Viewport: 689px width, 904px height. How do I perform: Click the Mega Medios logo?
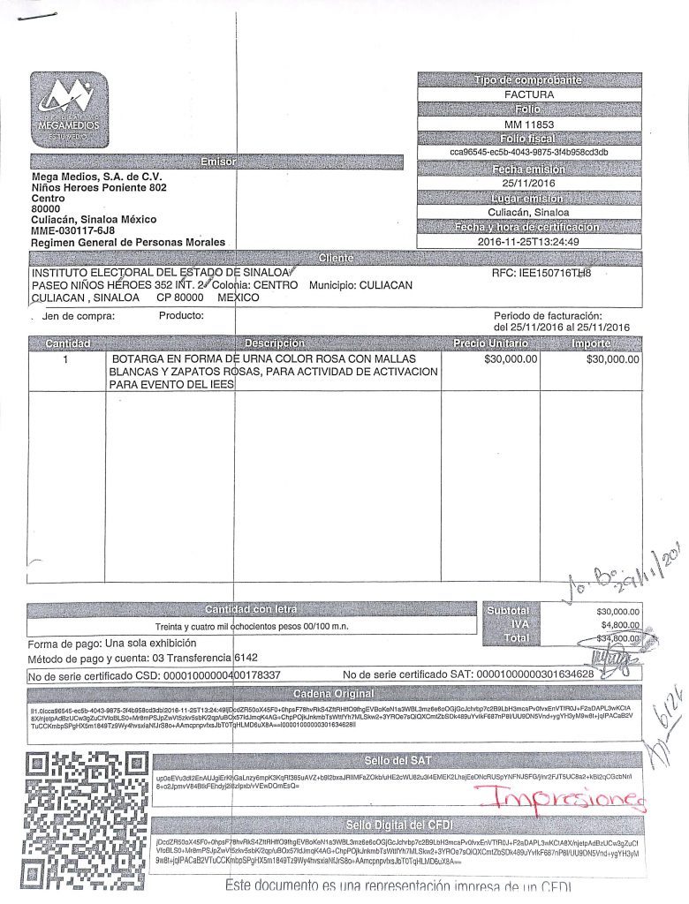(68, 109)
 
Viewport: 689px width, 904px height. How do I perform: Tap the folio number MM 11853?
(529, 124)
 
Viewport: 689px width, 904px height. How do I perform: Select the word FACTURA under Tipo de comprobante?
(529, 94)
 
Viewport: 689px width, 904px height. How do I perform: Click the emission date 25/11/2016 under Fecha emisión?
(529, 183)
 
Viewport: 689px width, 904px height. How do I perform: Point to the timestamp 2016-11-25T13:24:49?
(529, 241)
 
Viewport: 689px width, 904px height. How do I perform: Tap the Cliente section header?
(335, 257)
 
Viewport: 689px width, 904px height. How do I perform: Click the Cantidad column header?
(66, 343)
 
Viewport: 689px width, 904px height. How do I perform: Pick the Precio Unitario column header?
(490, 343)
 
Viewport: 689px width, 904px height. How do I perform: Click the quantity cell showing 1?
(66, 360)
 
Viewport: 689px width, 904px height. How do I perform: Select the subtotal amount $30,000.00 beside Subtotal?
(618, 611)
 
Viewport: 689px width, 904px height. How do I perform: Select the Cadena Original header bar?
(335, 693)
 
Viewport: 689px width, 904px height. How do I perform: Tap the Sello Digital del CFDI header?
(397, 825)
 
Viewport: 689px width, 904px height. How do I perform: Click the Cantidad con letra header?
(251, 609)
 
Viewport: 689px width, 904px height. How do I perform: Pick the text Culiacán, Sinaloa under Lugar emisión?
(529, 212)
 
